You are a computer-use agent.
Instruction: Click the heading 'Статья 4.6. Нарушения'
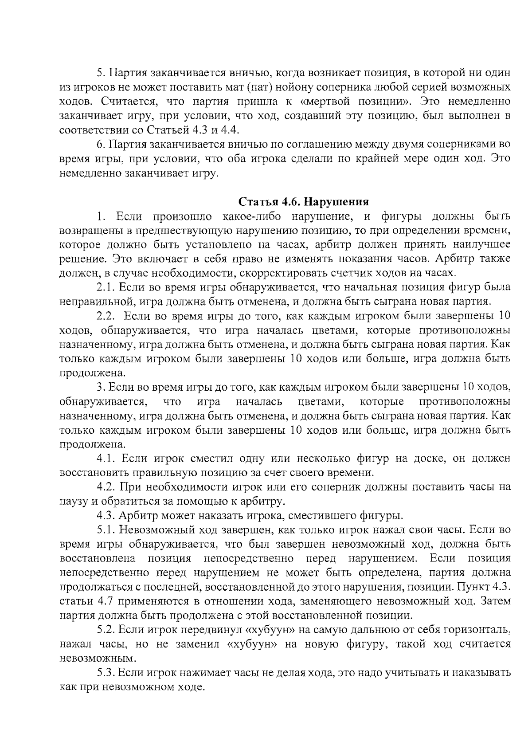coord(304,202)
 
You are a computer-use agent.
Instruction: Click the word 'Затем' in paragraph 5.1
coord(496,601)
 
